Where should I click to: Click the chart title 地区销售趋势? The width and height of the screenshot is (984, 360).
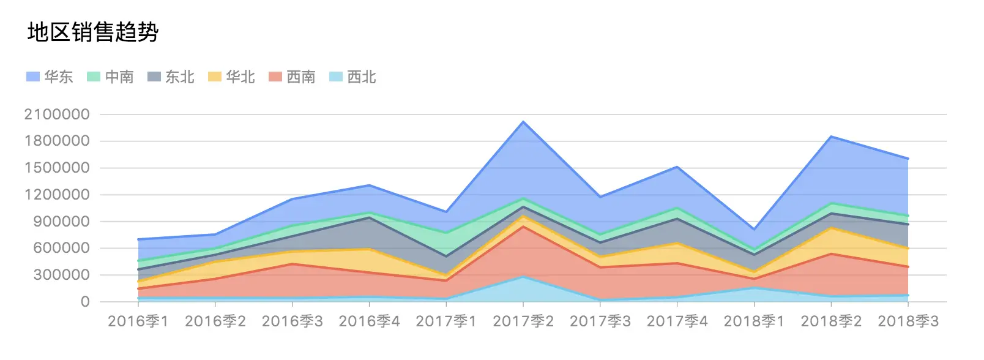pos(93,32)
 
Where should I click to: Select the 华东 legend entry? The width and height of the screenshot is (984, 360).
pos(50,77)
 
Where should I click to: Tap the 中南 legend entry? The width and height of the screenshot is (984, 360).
pos(110,77)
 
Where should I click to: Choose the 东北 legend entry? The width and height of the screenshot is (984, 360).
pos(171,77)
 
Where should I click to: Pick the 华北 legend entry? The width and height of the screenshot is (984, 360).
pos(231,77)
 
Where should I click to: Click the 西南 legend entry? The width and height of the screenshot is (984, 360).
pos(292,77)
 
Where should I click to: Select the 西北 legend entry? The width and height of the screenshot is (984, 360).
pos(352,77)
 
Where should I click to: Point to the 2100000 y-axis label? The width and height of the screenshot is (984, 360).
pos(57,114)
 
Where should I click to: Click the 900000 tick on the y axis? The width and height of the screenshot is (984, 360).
pos(61,222)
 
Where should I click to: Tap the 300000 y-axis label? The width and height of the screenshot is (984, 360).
pos(61,275)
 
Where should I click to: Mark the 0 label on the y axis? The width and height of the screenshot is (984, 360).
pos(85,302)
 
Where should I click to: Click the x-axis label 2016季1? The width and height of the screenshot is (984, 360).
pos(138,321)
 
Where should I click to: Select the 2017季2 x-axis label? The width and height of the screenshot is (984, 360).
pos(523,321)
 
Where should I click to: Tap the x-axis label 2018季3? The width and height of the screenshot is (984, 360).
pos(908,321)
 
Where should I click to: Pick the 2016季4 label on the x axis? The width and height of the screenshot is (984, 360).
pos(369,321)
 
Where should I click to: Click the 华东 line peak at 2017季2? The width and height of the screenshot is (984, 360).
pos(523,122)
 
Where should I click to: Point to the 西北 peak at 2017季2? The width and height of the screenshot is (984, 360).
pos(523,277)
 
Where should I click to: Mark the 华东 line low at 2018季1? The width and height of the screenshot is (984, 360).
pos(754,230)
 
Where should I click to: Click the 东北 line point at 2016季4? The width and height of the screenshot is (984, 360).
pos(369,217)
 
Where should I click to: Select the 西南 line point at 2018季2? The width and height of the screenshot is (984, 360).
pos(831,253)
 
